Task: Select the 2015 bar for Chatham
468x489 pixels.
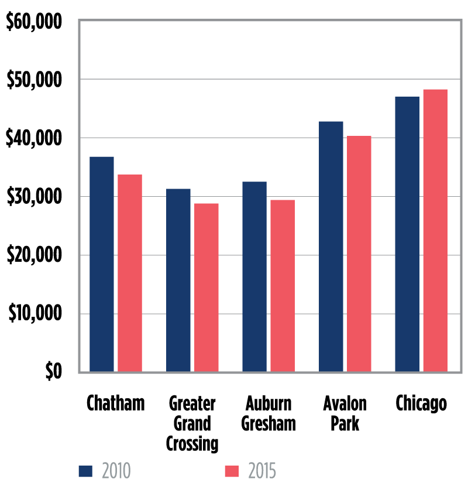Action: (x=130, y=273)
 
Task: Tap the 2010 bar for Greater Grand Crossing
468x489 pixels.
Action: (x=178, y=280)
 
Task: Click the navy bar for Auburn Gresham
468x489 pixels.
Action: (x=254, y=276)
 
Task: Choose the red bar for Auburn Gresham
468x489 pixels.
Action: (x=283, y=286)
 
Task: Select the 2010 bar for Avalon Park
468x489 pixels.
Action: (x=331, y=246)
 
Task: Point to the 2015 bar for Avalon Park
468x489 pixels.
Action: (x=359, y=254)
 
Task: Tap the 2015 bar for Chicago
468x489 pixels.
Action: (x=435, y=231)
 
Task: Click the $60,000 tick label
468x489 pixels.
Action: (x=33, y=22)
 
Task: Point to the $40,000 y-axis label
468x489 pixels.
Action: (x=33, y=139)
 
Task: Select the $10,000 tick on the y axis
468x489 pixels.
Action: (x=34, y=314)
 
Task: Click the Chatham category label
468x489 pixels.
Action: (x=115, y=404)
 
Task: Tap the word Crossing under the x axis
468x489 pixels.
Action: (x=192, y=444)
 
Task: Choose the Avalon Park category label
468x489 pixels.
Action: (x=345, y=413)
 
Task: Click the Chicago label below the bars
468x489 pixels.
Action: (x=421, y=404)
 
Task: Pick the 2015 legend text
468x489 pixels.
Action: (x=261, y=471)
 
